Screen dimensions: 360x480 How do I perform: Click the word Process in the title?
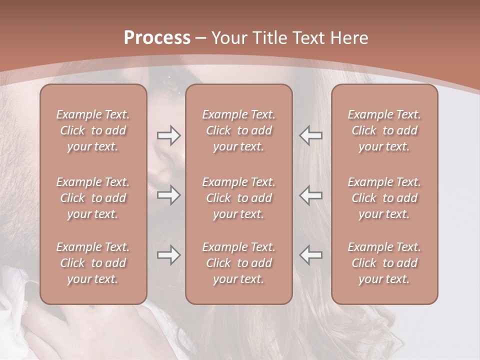tap(157, 38)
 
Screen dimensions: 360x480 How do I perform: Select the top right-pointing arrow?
tap(169, 135)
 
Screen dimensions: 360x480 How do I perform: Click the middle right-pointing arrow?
tap(169, 195)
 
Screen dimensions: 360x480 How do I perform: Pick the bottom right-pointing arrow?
tap(169, 255)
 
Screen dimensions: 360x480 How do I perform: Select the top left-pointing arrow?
tap(311, 135)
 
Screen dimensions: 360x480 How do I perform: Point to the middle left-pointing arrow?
tap(311, 195)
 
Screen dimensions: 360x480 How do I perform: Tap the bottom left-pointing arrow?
tap(311, 255)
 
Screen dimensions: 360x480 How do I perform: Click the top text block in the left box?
tap(93, 130)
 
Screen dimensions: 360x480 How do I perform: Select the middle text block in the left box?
tap(93, 198)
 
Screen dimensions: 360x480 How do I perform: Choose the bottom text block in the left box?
tap(93, 263)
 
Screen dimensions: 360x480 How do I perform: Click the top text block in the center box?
tap(238, 130)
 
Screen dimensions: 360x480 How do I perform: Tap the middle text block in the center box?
tap(238, 198)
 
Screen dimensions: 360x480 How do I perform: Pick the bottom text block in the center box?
tap(238, 263)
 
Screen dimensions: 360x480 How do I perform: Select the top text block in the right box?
tap(384, 130)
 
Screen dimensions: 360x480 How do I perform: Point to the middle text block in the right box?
tap(384, 198)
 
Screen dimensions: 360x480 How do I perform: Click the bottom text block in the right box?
tap(384, 263)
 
